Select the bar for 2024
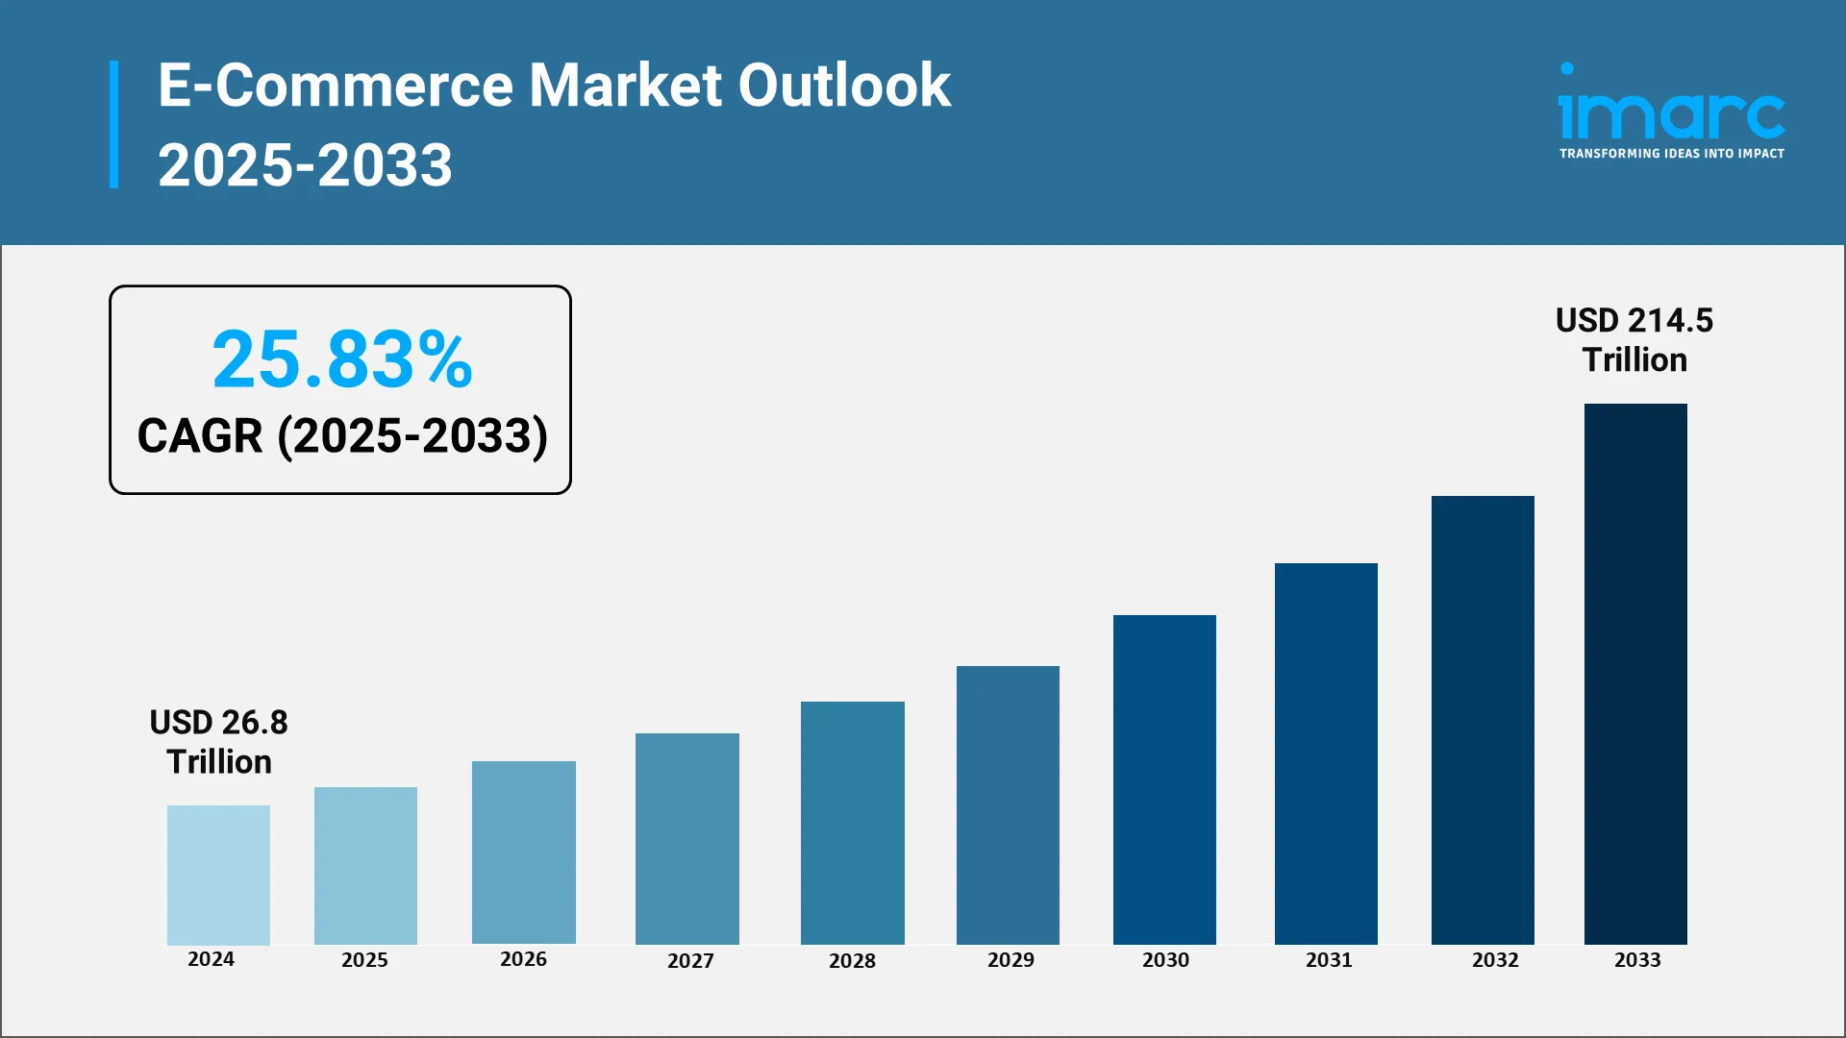(218, 875)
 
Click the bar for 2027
(686, 838)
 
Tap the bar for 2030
(1164, 779)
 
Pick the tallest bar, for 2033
(1635, 674)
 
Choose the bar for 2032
(1483, 720)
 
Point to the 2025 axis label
(364, 959)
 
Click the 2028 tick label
(852, 960)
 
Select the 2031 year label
(1329, 959)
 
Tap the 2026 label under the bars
(523, 958)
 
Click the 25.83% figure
(342, 359)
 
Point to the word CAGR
(200, 436)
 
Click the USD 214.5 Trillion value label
(1634, 339)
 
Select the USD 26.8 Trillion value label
(219, 741)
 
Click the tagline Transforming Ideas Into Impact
(1671, 154)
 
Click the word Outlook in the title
(844, 86)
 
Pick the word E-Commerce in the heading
(336, 86)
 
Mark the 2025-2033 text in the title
(305, 164)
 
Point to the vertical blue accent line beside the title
(114, 124)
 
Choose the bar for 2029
(1008, 804)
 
